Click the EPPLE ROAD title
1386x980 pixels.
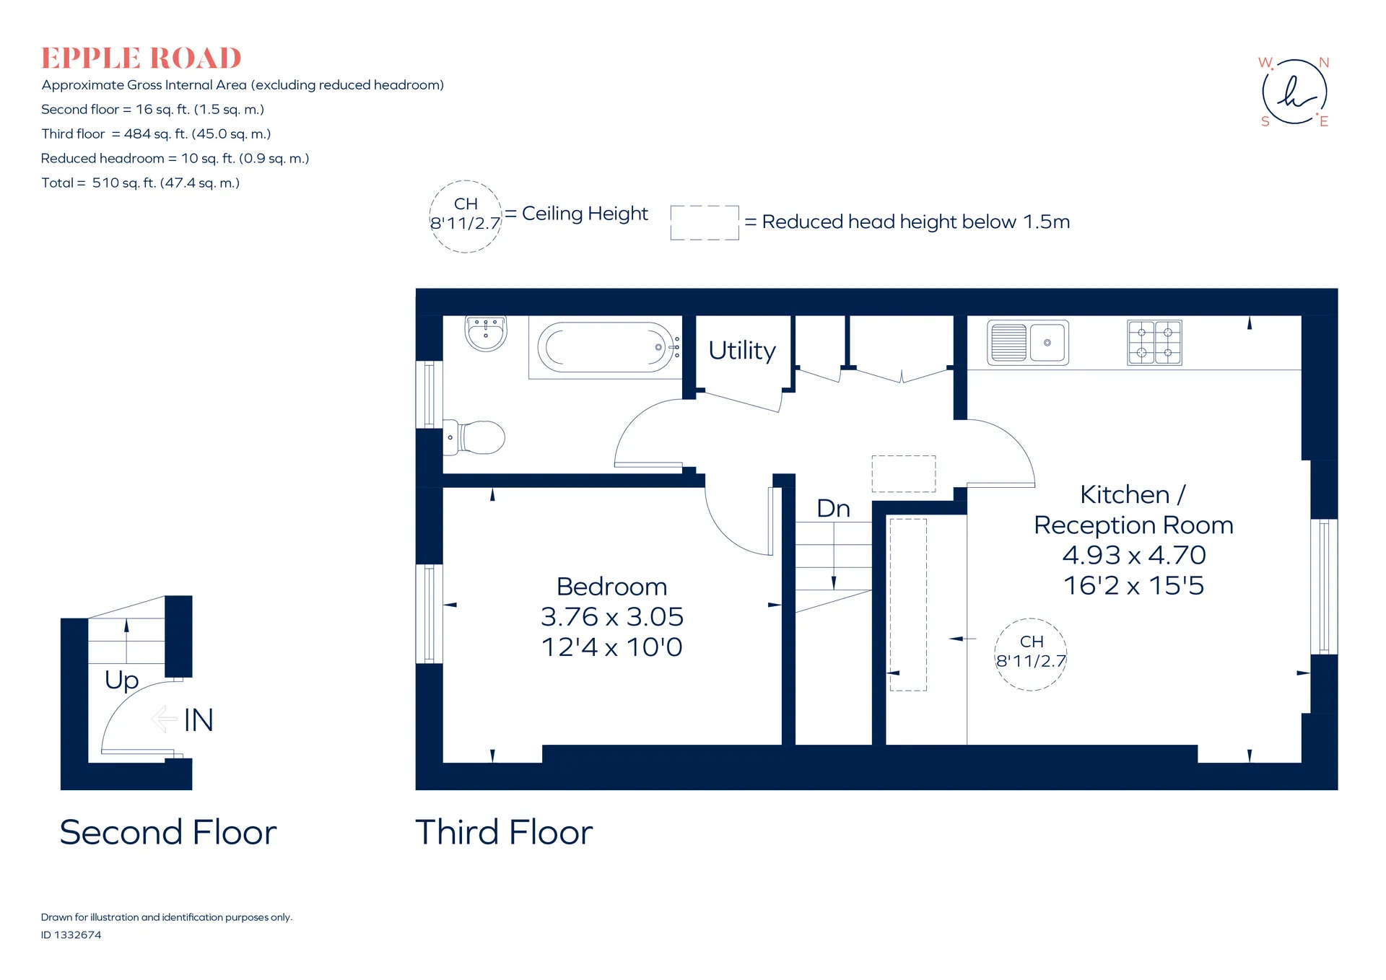pyautogui.click(x=141, y=58)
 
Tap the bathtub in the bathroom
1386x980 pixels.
pyautogui.click(x=605, y=347)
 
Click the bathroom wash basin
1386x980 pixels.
pyautogui.click(x=486, y=333)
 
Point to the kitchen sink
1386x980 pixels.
pyautogui.click(x=1028, y=343)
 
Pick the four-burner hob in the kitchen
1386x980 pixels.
pyautogui.click(x=1155, y=342)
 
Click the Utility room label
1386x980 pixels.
pyautogui.click(x=742, y=351)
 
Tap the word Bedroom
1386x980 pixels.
pyautogui.click(x=612, y=587)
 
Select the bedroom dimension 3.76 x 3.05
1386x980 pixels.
pyautogui.click(x=612, y=617)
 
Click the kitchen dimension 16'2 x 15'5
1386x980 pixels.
pyautogui.click(x=1134, y=585)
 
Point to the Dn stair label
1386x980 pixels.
pyautogui.click(x=834, y=509)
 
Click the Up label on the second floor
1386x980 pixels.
pyautogui.click(x=121, y=681)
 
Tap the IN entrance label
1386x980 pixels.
pyautogui.click(x=199, y=720)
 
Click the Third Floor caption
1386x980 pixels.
pyautogui.click(x=504, y=832)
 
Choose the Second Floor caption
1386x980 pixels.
pyautogui.click(x=168, y=832)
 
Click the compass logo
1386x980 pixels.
pyautogui.click(x=1295, y=92)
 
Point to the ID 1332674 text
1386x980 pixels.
pyautogui.click(x=71, y=935)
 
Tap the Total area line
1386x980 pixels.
pyautogui.click(x=141, y=183)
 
